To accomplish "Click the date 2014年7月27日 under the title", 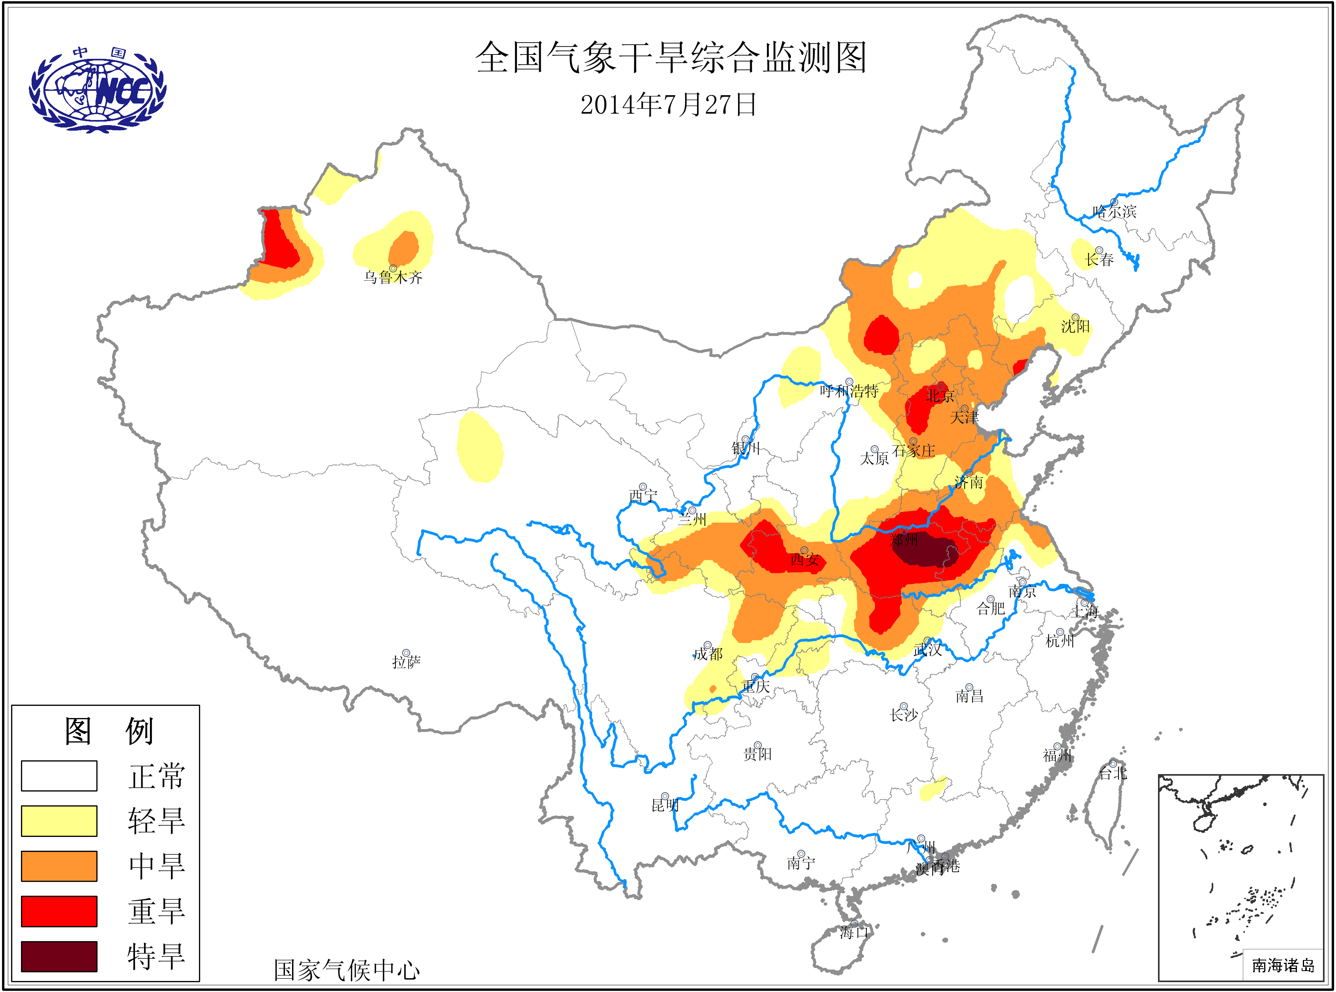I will [668, 105].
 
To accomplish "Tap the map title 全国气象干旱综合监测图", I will [671, 58].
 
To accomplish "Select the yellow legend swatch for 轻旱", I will [59, 820].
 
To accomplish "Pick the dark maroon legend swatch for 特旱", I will [59, 956].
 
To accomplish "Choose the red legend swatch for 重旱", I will [59, 911].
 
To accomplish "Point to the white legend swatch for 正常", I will [59, 775].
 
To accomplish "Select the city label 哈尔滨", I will [1115, 211].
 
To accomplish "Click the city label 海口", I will [854, 932].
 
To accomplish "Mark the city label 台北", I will [1113, 773].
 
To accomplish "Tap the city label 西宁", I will [643, 495].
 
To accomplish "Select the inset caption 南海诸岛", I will [1283, 966].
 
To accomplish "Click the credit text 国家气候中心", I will [347, 970].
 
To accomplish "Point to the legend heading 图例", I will [109, 731].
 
